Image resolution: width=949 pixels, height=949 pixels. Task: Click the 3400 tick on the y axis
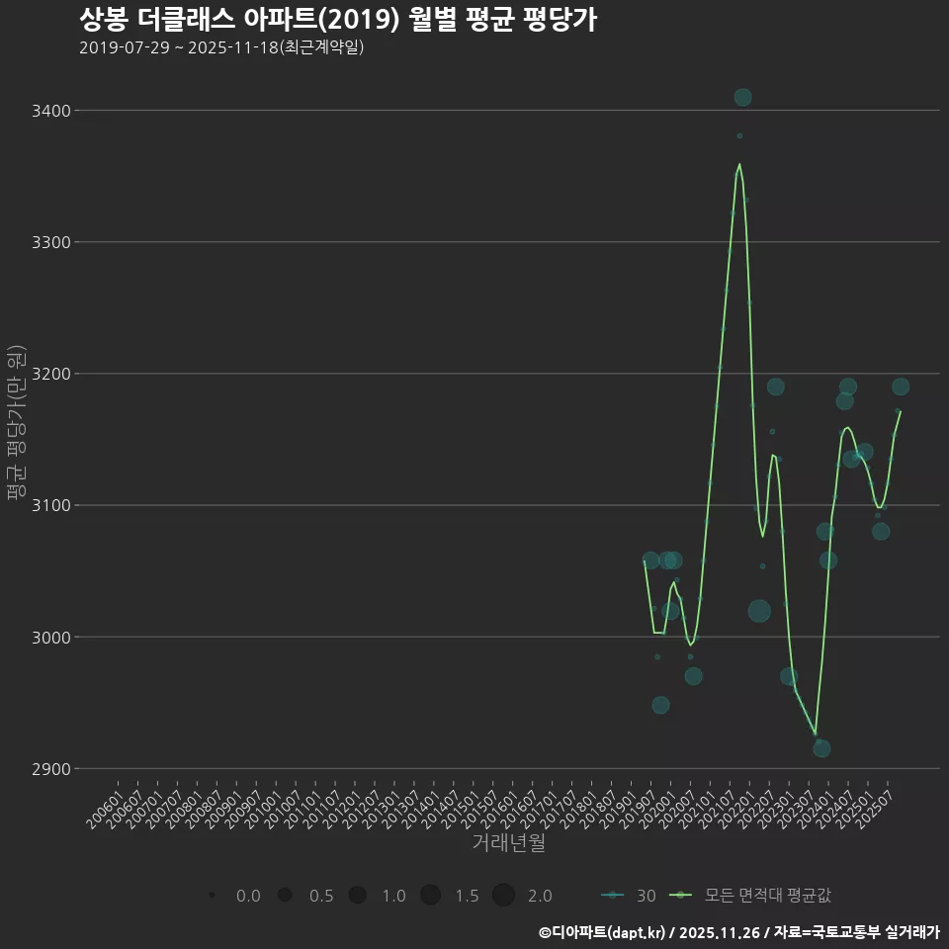[x=50, y=111]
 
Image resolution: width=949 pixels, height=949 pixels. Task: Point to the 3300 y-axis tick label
[x=50, y=242]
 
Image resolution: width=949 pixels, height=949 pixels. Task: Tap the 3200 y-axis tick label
[x=50, y=374]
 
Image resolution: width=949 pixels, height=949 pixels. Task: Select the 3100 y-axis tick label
[x=50, y=505]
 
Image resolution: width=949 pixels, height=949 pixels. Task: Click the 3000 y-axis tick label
[x=50, y=637]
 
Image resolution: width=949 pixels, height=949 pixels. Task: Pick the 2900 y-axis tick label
[x=50, y=768]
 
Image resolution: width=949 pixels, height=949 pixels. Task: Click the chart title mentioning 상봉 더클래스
[x=337, y=20]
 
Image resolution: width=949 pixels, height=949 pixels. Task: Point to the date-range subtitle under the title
[x=221, y=47]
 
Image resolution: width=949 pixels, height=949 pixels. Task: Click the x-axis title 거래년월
[x=509, y=843]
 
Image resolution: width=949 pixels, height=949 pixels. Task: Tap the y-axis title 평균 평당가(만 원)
[x=16, y=422]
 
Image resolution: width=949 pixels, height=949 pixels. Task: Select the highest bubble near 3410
[x=742, y=97]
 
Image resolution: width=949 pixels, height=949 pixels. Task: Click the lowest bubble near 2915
[x=821, y=748]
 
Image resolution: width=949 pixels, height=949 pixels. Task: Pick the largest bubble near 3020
[x=759, y=611]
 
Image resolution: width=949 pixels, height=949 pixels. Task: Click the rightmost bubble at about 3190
[x=901, y=387]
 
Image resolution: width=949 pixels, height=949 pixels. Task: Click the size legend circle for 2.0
[x=503, y=896]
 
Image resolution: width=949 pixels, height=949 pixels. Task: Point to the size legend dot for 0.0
[x=213, y=896]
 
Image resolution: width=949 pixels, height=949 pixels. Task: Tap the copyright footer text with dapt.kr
[x=738, y=931]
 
